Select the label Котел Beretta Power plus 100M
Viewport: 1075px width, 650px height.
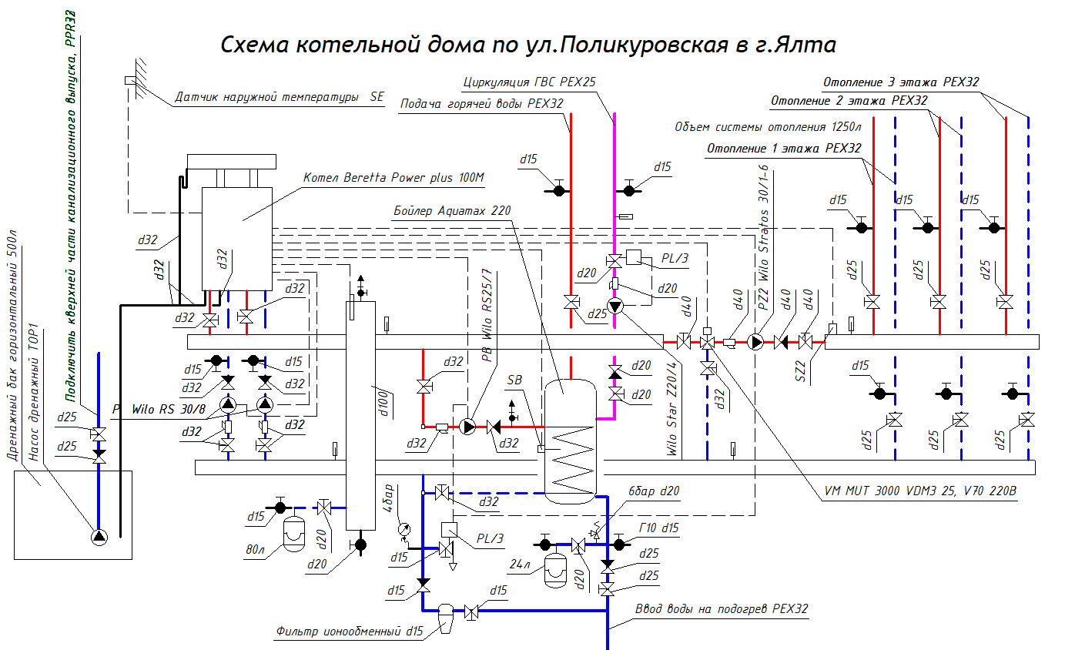click(392, 178)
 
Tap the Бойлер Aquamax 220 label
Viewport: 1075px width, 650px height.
click(452, 209)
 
